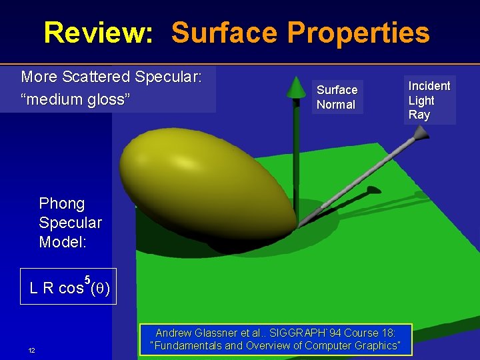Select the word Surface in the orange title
click(x=225, y=32)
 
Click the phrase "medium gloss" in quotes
click(x=75, y=100)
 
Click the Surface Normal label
click(x=337, y=97)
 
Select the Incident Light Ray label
click(x=429, y=100)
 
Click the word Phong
click(x=62, y=203)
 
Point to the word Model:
click(x=63, y=242)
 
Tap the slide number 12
click(x=31, y=351)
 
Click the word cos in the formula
click(x=71, y=289)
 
